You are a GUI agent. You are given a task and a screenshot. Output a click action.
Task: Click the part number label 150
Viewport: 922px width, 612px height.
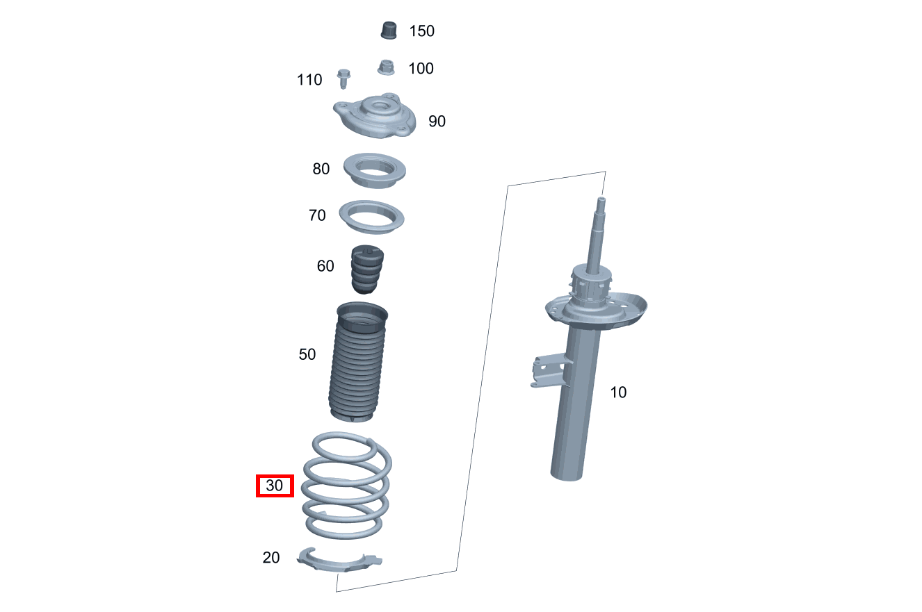(421, 31)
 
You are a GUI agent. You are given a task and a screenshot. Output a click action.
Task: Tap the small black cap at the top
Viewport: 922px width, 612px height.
(388, 31)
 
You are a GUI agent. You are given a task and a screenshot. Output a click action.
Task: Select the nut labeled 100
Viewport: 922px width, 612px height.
(386, 67)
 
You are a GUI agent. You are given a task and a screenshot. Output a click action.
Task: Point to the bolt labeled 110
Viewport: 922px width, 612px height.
(343, 78)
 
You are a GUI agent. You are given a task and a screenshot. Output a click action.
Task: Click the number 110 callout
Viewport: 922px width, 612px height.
(309, 80)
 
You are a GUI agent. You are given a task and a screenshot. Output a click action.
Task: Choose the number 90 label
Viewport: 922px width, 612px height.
(437, 122)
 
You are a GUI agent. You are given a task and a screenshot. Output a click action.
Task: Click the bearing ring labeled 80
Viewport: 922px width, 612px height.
(375, 170)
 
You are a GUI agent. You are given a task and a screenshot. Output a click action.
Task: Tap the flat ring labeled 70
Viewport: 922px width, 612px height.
(372, 217)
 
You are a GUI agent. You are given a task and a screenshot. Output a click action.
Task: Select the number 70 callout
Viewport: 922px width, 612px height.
(317, 216)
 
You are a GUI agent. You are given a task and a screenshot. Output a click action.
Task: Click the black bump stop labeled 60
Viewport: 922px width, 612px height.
(365, 270)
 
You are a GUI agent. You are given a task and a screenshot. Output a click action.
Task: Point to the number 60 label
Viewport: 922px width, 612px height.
(325, 266)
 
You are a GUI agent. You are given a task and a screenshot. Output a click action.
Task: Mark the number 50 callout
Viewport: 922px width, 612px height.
(307, 355)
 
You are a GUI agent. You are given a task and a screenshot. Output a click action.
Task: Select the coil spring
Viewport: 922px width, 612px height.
(346, 486)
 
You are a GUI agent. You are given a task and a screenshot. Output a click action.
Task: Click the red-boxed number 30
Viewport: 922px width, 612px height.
(275, 486)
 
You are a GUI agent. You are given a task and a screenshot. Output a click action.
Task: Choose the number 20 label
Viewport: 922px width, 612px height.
(271, 557)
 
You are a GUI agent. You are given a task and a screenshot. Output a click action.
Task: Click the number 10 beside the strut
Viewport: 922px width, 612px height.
(618, 392)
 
